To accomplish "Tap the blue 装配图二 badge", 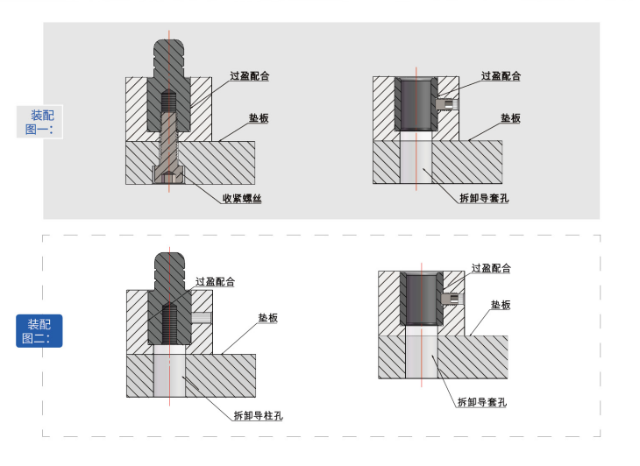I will click(x=39, y=330).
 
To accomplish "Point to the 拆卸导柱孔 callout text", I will click(x=259, y=415).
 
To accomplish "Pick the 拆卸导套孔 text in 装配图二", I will click(x=482, y=402).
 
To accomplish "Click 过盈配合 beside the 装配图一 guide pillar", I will click(x=249, y=76).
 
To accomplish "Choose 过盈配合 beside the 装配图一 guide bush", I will click(x=501, y=76).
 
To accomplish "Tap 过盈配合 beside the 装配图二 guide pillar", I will click(x=215, y=281).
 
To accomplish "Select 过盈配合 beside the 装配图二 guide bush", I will click(x=491, y=268).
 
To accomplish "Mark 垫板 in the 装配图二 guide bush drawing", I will click(x=501, y=305).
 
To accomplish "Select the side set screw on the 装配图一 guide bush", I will click(x=446, y=103).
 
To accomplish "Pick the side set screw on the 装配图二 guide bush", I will click(x=452, y=298).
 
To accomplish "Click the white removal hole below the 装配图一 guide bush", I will click(x=416, y=162).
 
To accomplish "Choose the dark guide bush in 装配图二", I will click(x=422, y=299).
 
